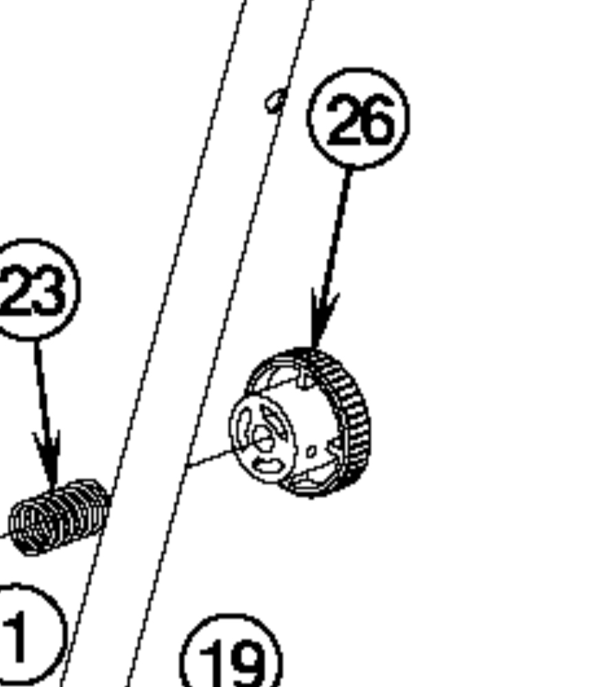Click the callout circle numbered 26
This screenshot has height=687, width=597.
(x=358, y=118)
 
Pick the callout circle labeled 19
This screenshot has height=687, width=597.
(x=231, y=655)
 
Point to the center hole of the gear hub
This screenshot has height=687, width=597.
(x=261, y=436)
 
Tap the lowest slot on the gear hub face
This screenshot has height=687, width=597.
(x=268, y=467)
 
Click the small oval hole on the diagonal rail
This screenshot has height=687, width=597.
(x=275, y=101)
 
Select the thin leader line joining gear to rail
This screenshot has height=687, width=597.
(x=209, y=459)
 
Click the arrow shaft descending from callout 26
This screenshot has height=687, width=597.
(x=336, y=233)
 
